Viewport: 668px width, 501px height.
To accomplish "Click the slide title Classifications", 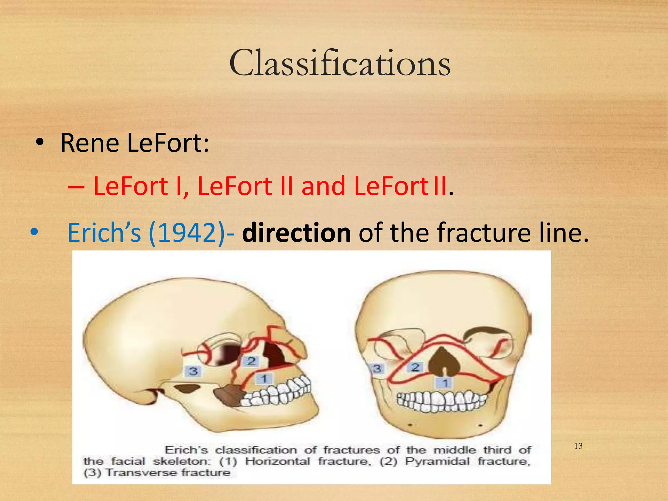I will point(340,63).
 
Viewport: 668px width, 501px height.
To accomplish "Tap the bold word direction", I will point(296,232).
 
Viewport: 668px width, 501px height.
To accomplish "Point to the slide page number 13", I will point(578,446).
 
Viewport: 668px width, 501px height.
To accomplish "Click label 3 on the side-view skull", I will point(193,371).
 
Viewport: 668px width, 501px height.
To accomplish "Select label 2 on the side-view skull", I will point(251,361).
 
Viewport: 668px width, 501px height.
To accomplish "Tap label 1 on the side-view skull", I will point(264,379).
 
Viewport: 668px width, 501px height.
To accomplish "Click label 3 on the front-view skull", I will point(377,369).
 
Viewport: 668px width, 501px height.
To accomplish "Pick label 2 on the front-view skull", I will point(415,368).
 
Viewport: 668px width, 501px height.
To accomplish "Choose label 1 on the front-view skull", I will point(445,382).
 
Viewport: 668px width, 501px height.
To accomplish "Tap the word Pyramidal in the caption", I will point(437,461).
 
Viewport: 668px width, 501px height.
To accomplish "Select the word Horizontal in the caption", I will point(277,461).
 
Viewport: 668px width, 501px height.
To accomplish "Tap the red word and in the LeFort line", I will point(323,186).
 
